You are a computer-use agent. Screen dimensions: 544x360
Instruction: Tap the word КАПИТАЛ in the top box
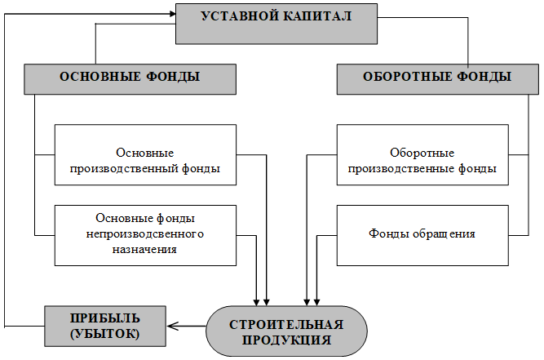point(318,16)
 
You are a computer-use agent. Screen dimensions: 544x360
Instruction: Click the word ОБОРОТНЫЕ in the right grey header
point(407,77)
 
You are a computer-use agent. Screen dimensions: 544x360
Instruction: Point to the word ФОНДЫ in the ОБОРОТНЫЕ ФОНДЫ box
point(484,77)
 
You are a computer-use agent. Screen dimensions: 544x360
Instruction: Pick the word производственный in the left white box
point(125,169)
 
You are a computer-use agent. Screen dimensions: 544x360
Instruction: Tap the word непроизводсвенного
point(144,233)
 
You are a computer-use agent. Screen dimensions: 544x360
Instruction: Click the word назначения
point(144,249)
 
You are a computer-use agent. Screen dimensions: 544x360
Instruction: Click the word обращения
point(444,233)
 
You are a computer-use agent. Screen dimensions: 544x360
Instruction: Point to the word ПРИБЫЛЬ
point(105,318)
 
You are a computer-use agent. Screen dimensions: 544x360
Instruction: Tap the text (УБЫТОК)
point(105,334)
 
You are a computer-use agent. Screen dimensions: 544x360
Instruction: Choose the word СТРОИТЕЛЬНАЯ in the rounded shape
point(286,325)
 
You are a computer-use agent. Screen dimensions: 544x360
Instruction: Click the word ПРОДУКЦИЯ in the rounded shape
point(286,340)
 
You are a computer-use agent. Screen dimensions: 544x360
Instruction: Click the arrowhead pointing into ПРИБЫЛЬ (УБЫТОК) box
point(172,326)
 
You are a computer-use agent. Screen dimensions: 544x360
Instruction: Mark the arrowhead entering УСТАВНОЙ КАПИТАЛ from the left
point(173,14)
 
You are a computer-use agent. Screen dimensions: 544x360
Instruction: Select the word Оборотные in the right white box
point(422,153)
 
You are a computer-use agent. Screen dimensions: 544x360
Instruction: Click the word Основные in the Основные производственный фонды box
point(144,153)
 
